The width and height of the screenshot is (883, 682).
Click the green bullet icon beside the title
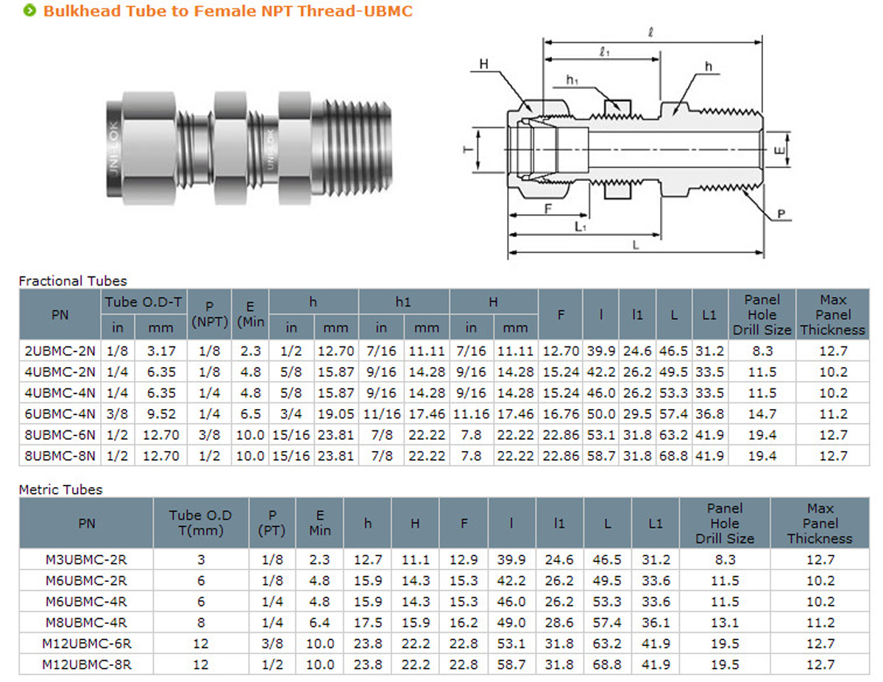pyautogui.click(x=29, y=10)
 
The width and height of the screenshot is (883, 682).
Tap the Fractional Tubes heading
pyautogui.click(x=73, y=281)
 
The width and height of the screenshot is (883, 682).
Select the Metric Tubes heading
pyautogui.click(x=60, y=489)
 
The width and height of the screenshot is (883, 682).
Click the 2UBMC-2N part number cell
pyautogui.click(x=60, y=351)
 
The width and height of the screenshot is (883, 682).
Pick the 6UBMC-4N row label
pyautogui.click(x=60, y=414)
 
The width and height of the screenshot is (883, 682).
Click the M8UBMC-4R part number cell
pyautogui.click(x=86, y=622)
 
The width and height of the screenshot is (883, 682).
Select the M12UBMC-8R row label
pyautogui.click(x=87, y=664)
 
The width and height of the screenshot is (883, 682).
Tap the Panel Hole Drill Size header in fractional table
pyautogui.click(x=762, y=315)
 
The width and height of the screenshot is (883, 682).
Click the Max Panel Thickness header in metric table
pyautogui.click(x=820, y=523)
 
